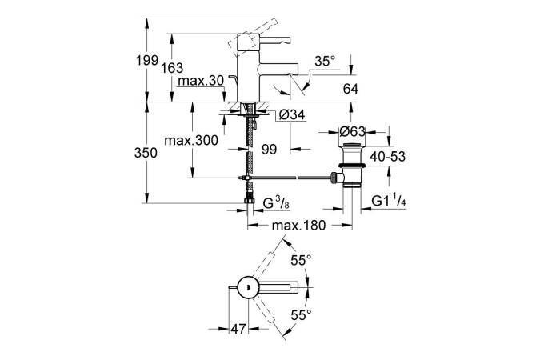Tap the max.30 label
(200, 82)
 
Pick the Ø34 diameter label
(292, 115)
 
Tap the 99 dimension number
(270, 149)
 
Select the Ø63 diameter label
(354, 131)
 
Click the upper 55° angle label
(299, 261)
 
